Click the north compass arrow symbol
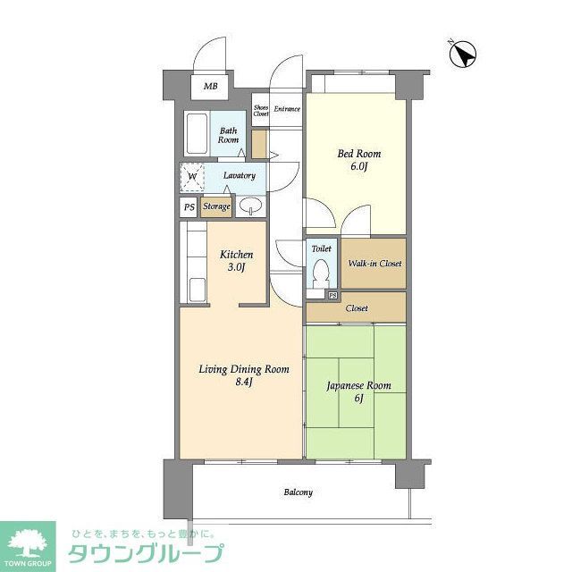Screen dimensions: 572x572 point(463,55)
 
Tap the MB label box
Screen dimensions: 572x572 point(210,87)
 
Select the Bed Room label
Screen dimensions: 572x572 point(355,160)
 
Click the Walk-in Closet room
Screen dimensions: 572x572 point(374,264)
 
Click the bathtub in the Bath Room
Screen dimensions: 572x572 point(198,135)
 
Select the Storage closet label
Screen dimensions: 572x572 point(216,207)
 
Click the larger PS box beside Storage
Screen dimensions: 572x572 point(189,207)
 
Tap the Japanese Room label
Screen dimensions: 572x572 point(357,392)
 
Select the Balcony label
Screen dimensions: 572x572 point(299,492)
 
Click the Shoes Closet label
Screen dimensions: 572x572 point(261,110)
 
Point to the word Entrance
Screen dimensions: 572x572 point(287,110)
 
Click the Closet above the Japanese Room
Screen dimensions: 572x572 point(356,308)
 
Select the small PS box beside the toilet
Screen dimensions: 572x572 point(332,295)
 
